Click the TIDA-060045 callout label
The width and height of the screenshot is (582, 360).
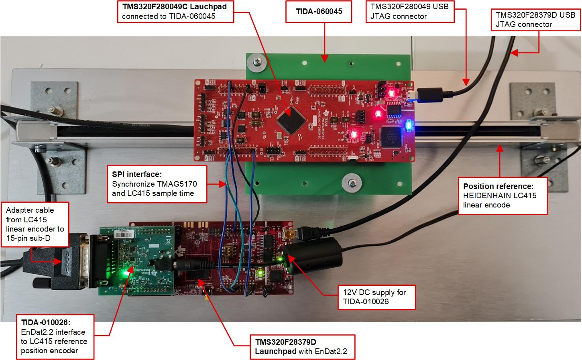(x=319, y=12)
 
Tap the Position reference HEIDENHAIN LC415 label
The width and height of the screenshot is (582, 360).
(x=503, y=195)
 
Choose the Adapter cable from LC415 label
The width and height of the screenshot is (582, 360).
(x=35, y=224)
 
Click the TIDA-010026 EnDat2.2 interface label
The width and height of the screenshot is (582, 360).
(x=55, y=337)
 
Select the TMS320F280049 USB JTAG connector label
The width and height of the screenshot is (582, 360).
(x=410, y=11)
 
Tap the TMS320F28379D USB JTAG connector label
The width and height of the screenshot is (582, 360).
(x=535, y=19)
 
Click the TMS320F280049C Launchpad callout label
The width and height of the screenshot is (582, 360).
(x=175, y=11)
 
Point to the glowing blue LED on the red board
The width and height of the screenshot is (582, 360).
(x=409, y=125)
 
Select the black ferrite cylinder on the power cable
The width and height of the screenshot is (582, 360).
(x=313, y=256)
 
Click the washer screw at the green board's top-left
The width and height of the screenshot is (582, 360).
(x=255, y=62)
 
